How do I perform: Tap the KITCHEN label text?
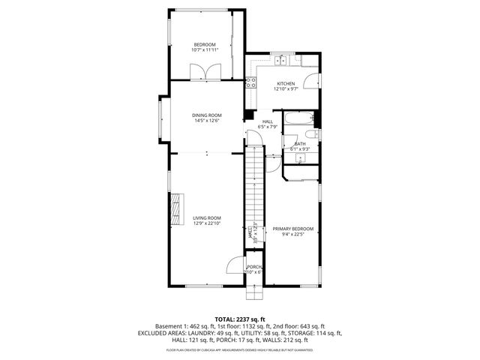tap(286, 83)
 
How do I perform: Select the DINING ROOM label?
tap(207, 115)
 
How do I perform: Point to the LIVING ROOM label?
tap(207, 217)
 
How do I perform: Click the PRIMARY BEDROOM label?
tap(292, 229)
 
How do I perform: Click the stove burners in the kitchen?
tap(250, 84)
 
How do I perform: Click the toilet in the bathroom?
tap(315, 135)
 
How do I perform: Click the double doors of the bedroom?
tap(205, 72)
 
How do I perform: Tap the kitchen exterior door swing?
tap(316, 82)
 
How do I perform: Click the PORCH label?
tap(255, 266)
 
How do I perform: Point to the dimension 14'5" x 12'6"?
tap(207, 121)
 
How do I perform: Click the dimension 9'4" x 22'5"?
tap(292, 235)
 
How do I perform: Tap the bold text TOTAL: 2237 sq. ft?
tap(240, 319)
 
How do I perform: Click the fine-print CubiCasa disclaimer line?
tap(240, 349)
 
